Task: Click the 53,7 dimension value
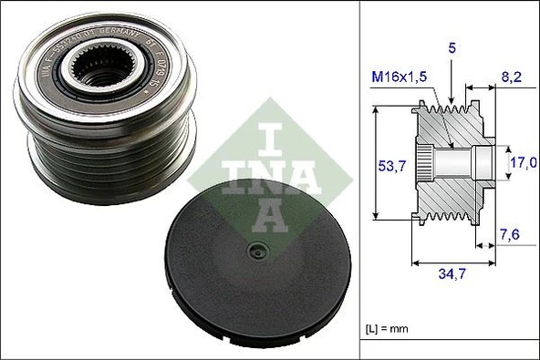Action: point(391,166)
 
